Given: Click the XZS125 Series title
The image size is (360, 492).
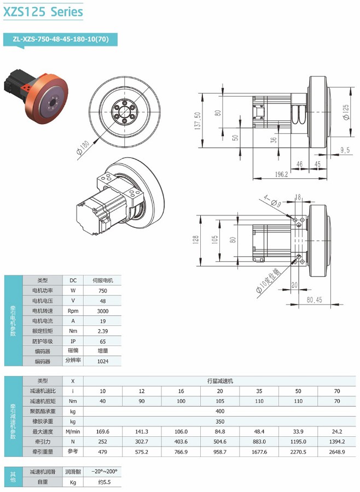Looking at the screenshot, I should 43,11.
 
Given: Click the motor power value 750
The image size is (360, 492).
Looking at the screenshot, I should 102,291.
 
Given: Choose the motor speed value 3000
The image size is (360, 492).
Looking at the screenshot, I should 102,311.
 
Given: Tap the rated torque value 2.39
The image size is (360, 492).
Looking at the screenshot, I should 102,331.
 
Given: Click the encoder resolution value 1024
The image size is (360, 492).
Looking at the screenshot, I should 102,361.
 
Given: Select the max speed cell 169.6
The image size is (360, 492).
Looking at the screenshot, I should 102,431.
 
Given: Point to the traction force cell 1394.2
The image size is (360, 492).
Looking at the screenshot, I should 338,442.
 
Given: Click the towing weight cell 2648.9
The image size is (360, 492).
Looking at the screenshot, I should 338,452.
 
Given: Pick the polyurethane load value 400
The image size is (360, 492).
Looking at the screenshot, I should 220,411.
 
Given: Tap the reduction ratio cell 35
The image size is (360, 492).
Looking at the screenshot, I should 259,391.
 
